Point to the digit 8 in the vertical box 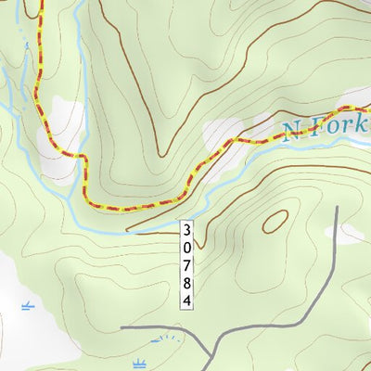click(186, 284)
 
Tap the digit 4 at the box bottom click(186, 301)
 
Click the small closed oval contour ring click(275, 221)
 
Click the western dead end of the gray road click(121, 327)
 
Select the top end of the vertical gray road click(338, 206)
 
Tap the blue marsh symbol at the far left click(27, 304)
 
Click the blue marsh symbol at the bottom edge click(140, 363)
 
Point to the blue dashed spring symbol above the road click(163, 339)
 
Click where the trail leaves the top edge click(40, 2)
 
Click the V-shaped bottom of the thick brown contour click(166, 154)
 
